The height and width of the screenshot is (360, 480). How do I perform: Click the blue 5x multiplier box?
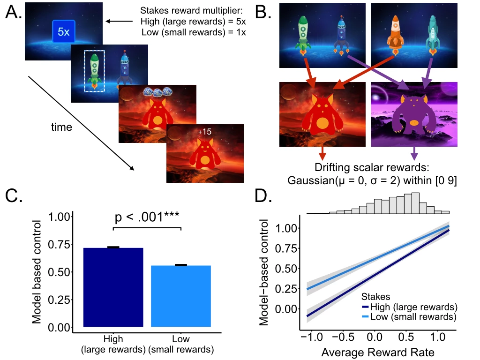click(64, 31)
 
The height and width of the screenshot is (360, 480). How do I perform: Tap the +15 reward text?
click(204, 132)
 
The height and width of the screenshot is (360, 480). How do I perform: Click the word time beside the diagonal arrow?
click(61, 127)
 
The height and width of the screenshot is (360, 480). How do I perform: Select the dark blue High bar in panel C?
click(113, 287)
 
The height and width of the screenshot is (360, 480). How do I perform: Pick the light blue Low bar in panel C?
click(181, 296)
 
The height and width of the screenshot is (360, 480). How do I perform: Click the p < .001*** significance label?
click(147, 217)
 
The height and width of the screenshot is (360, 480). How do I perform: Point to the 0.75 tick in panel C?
click(59, 244)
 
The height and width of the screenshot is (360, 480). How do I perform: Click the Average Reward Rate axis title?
click(378, 352)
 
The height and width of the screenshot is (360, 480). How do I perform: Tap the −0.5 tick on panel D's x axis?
click(343, 337)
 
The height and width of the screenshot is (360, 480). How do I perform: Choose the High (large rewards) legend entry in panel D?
click(410, 307)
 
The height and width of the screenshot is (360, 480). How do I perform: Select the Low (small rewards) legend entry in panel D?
click(409, 316)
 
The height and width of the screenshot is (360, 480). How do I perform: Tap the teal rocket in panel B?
click(433, 35)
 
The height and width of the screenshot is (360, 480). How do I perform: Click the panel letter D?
click(263, 196)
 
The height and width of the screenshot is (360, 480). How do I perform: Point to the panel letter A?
click(14, 13)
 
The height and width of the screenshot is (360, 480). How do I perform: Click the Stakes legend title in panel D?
click(375, 296)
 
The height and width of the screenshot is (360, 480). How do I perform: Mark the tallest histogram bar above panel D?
click(415, 203)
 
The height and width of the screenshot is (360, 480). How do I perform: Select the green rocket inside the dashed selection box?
click(95, 71)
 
